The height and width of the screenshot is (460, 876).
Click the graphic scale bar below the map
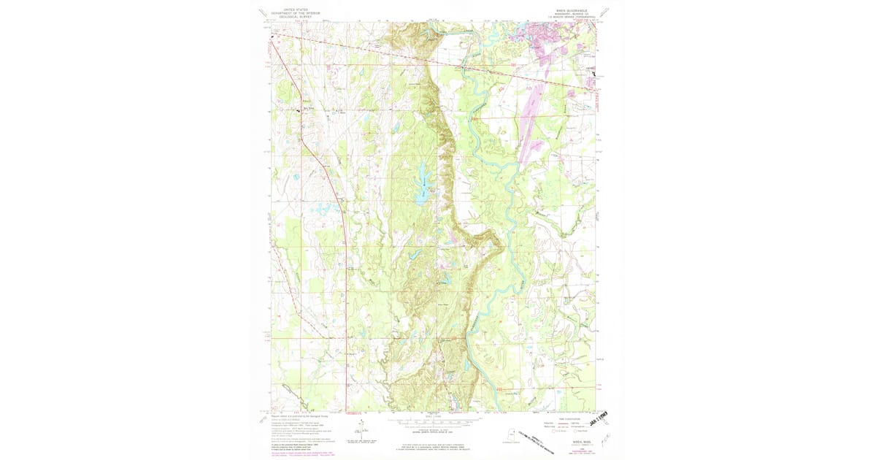[x=434, y=421]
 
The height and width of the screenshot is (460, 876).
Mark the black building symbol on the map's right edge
[x=594, y=74]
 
